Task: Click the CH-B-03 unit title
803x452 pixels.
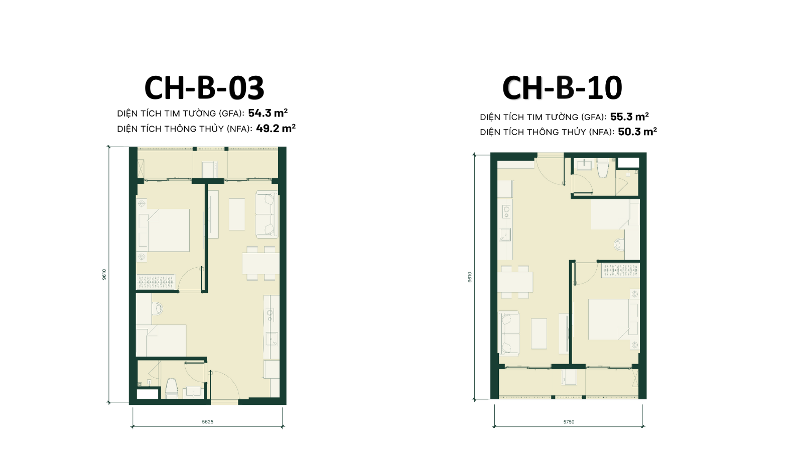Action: point(204,88)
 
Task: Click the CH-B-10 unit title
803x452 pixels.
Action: point(562,88)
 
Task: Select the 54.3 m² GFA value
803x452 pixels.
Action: point(268,113)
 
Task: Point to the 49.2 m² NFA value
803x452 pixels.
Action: point(276,129)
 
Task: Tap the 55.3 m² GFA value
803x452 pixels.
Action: point(629,117)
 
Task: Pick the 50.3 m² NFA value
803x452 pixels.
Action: point(637,132)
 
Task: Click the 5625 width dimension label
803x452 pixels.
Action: point(208,421)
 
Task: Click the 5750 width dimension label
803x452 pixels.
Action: point(569,422)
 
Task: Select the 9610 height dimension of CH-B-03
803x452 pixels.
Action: point(104,274)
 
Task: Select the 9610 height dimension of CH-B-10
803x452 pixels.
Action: point(470,277)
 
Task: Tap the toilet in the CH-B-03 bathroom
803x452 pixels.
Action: point(171,388)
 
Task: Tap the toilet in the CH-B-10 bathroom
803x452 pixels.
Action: point(602,168)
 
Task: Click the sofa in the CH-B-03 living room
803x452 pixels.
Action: point(266,214)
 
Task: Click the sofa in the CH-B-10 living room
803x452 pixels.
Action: point(509,333)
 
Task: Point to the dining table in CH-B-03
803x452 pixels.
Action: point(261,264)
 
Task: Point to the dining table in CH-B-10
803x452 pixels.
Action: point(515,282)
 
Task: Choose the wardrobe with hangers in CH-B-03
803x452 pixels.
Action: point(156,282)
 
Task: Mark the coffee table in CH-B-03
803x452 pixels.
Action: point(236,214)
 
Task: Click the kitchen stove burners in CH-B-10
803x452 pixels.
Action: point(506,211)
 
